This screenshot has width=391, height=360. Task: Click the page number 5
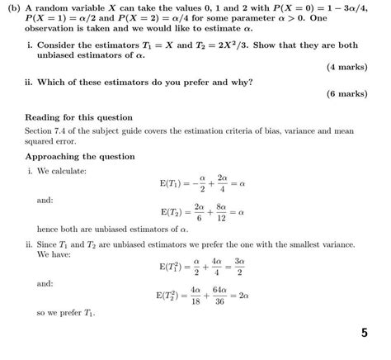tap(365, 334)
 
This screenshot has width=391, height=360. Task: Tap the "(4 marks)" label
tap(350, 68)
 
